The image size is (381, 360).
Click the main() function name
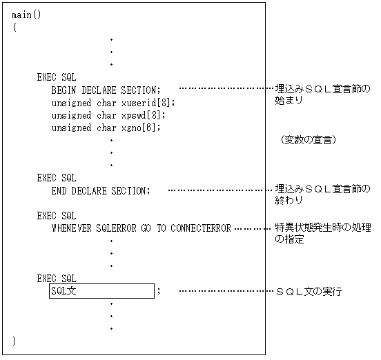click(27, 14)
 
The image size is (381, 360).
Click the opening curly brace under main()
click(14, 27)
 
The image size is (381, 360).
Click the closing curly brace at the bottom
click(14, 341)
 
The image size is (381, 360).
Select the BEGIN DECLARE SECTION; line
click(106, 90)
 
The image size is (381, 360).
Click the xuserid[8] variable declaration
click(113, 103)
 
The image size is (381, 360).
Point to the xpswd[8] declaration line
click(108, 115)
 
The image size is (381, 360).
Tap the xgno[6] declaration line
click(106, 128)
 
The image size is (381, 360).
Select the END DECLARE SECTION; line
click(100, 190)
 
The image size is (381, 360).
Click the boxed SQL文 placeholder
click(101, 291)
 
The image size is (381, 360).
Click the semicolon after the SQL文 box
click(159, 291)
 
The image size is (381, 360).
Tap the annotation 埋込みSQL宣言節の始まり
click(322, 94)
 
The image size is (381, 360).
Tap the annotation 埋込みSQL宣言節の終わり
click(322, 194)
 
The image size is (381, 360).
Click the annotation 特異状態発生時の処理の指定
click(322, 234)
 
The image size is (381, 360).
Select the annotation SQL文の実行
click(309, 292)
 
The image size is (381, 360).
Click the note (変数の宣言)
click(309, 140)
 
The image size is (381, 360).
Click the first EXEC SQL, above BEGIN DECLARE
click(57, 77)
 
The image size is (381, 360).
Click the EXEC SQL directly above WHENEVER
click(57, 216)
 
